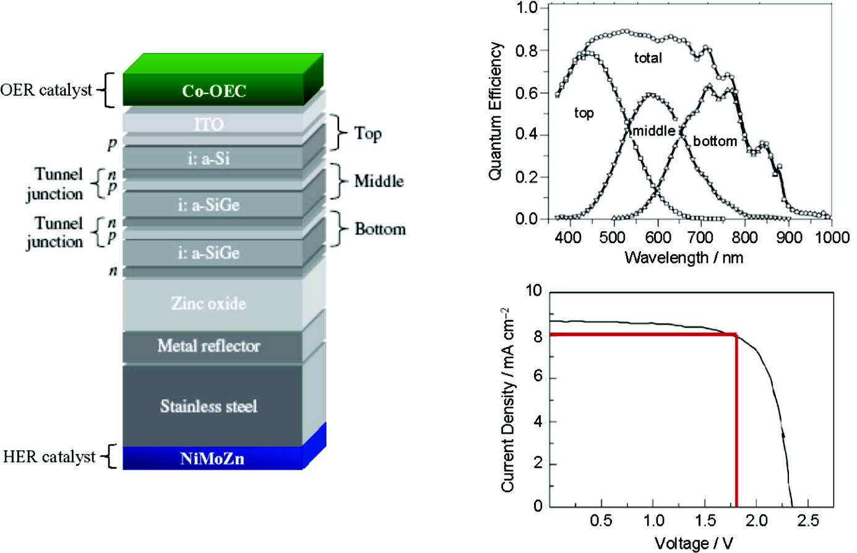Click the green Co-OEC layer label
coord(214,91)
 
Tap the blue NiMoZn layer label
coord(212,458)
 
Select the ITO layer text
coord(209,124)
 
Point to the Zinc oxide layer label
coord(209,304)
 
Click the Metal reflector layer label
coord(209,346)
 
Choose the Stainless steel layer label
coord(209,406)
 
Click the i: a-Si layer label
coord(209,158)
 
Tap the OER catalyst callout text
coord(47,90)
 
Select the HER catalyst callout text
coord(50,457)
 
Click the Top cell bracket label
coord(368,133)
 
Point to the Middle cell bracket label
coord(379,181)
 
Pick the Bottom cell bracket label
coord(380,229)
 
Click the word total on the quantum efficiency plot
coord(648,58)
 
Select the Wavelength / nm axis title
coord(684,257)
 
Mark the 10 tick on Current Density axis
coord(533,291)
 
